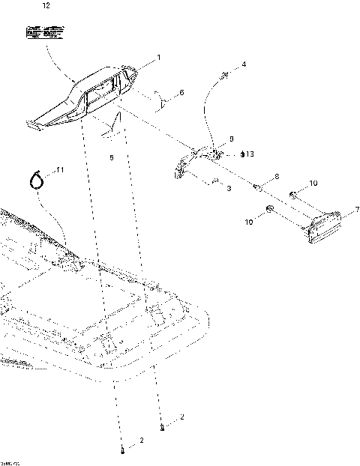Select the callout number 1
(x=158, y=58)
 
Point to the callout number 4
(x=244, y=66)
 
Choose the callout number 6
(x=180, y=94)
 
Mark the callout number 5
(x=111, y=158)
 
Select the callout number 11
(x=61, y=171)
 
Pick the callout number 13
(x=250, y=154)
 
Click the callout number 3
(x=228, y=190)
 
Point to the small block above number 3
(x=214, y=181)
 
